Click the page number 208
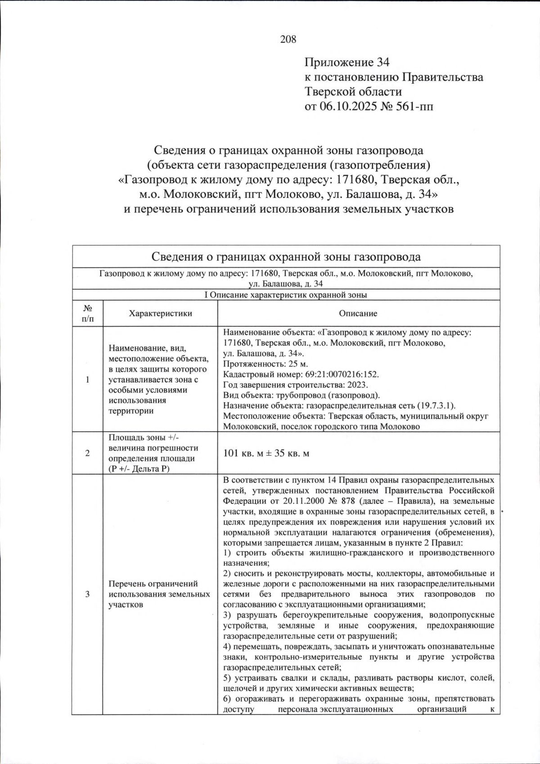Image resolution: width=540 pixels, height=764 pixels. (x=288, y=40)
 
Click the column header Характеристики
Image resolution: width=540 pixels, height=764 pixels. (x=160, y=314)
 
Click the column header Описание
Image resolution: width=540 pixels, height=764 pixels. (x=358, y=314)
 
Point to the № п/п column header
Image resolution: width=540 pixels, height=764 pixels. (x=88, y=314)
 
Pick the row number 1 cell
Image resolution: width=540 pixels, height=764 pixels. (x=88, y=380)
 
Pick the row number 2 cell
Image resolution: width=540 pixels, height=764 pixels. (x=88, y=454)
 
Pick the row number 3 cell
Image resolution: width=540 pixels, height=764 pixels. (x=88, y=594)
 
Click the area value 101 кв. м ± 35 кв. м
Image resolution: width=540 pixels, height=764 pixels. (x=266, y=454)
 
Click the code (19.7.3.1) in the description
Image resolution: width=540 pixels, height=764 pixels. (x=436, y=405)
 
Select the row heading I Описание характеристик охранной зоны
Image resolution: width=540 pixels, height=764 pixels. (x=286, y=295)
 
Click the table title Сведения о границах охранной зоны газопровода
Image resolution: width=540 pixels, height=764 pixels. (x=286, y=257)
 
